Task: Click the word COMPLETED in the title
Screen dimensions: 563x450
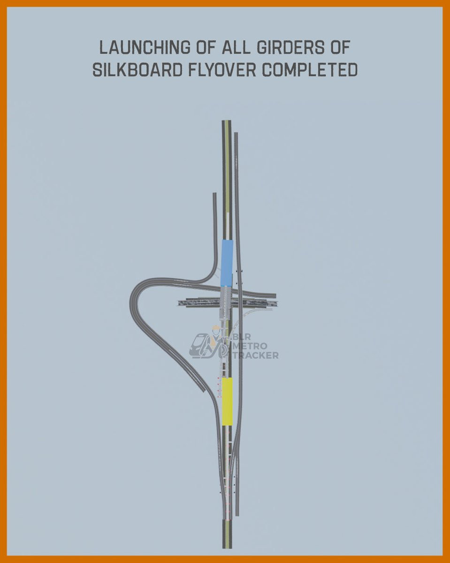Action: (310, 70)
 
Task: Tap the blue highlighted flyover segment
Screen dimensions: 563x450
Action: (227, 262)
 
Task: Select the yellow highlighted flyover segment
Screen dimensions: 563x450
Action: (227, 401)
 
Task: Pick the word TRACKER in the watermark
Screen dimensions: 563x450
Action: (256, 355)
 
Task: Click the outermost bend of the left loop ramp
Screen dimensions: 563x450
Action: (132, 300)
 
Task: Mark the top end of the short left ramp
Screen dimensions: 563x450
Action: (214, 194)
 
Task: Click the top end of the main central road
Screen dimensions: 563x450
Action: (227, 122)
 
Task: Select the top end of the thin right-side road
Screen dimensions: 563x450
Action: (236, 134)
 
